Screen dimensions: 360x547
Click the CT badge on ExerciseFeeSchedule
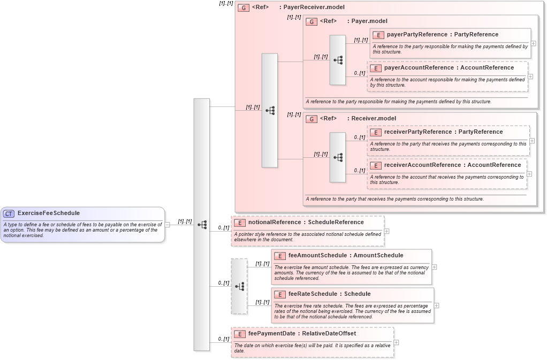coord(9,213)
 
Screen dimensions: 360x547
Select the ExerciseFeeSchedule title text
coord(48,213)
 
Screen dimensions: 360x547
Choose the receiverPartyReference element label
coord(417,132)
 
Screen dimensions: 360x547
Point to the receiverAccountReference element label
coord(422,165)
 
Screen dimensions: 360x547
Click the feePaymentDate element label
coord(271,334)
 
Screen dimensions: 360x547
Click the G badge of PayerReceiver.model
coord(244,8)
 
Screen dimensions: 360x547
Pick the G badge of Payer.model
coord(312,21)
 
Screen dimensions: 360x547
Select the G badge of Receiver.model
coord(312,119)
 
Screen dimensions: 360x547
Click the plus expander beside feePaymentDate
coord(396,342)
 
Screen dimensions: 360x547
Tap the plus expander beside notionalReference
coord(386,231)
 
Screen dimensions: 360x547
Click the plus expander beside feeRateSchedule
coord(437,305)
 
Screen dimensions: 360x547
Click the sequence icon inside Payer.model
coord(338,60)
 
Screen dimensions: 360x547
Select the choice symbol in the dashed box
coord(239,286)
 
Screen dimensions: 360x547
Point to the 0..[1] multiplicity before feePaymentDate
coord(223,339)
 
